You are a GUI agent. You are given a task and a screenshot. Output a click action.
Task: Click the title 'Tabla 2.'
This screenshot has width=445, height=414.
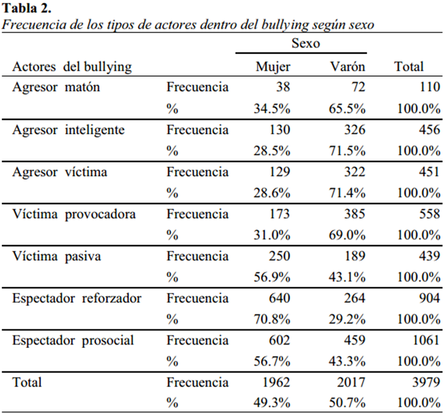(x=26, y=8)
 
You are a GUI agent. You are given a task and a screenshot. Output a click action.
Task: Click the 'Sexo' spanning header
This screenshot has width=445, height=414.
(x=306, y=43)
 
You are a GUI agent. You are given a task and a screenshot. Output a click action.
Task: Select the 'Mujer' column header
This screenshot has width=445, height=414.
(x=273, y=67)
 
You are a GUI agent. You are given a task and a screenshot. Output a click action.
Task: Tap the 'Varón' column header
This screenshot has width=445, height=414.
(x=347, y=67)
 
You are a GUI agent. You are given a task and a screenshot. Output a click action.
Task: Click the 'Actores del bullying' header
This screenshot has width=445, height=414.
(x=72, y=67)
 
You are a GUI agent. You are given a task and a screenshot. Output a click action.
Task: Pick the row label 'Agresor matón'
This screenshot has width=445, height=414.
(x=56, y=87)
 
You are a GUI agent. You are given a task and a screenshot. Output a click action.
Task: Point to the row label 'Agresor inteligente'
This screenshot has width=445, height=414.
(x=69, y=130)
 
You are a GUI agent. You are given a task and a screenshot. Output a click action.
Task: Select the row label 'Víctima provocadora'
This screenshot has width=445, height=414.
(x=74, y=214)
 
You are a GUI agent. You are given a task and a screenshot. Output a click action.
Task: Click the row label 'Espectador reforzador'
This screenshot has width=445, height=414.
(x=77, y=299)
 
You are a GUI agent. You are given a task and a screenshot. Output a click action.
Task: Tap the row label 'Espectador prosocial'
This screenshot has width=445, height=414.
(x=73, y=341)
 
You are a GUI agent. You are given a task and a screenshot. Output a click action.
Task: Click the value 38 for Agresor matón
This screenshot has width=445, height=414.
(x=283, y=87)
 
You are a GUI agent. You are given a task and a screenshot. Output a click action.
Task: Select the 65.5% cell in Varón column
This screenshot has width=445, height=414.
(x=347, y=109)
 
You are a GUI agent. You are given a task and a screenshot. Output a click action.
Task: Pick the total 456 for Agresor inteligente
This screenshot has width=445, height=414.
(x=430, y=130)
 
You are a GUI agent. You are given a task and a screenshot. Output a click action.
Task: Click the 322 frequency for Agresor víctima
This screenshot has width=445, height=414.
(x=355, y=172)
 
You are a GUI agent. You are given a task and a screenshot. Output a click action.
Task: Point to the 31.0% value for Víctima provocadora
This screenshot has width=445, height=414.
(x=272, y=235)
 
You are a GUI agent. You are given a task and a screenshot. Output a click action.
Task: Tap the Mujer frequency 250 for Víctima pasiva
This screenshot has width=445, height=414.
(x=279, y=256)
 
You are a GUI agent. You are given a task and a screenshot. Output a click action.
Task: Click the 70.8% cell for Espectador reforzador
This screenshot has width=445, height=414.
(x=272, y=320)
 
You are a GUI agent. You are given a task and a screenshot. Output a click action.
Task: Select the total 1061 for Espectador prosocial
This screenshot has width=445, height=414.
(x=426, y=340)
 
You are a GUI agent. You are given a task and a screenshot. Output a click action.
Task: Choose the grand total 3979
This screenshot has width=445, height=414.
(x=426, y=382)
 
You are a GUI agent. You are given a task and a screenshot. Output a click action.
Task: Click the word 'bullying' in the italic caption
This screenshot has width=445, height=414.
(x=285, y=25)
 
